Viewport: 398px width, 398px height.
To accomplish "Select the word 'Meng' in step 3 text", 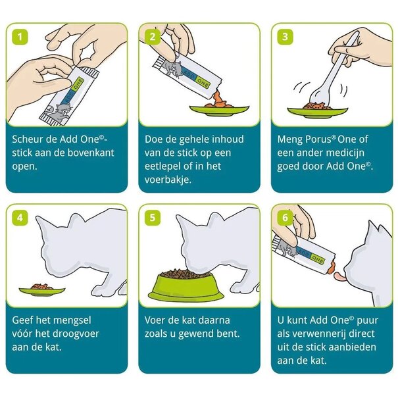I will tap(291, 139).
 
